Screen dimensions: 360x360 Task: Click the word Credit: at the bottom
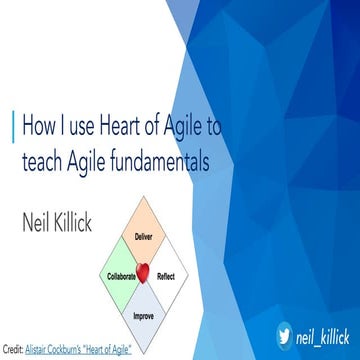[13, 349]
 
